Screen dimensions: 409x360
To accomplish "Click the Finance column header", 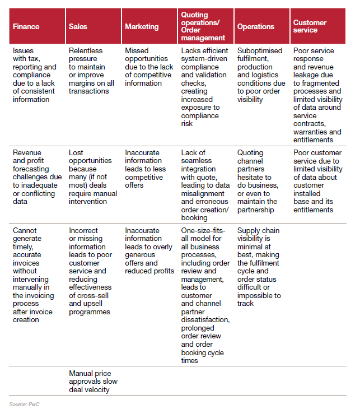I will [26, 26].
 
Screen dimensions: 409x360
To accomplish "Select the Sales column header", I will [78, 26].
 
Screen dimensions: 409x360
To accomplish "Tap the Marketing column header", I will [142, 26].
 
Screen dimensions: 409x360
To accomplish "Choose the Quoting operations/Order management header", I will [203, 26].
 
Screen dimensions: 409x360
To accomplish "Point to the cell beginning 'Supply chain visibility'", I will [259, 267].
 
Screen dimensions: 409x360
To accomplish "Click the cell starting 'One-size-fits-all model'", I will [205, 295].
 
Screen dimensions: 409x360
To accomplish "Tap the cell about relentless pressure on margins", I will [92, 71].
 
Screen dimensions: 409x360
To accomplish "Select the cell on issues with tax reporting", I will [35, 75].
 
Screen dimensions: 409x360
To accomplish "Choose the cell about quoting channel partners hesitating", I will [258, 182].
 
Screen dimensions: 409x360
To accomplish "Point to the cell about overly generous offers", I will [148, 251].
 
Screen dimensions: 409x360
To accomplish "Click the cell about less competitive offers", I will [148, 169].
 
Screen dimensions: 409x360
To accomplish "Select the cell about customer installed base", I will [317, 182].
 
